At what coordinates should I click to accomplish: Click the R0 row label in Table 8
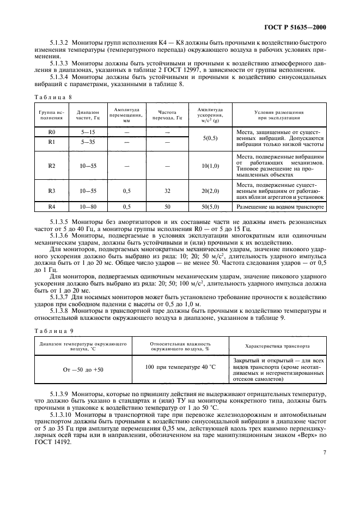pyautogui.click(x=52, y=132)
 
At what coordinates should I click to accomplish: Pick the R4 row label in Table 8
pyautogui.click(x=52, y=207)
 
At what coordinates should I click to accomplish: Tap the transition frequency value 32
pyautogui.click(x=167, y=191)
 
